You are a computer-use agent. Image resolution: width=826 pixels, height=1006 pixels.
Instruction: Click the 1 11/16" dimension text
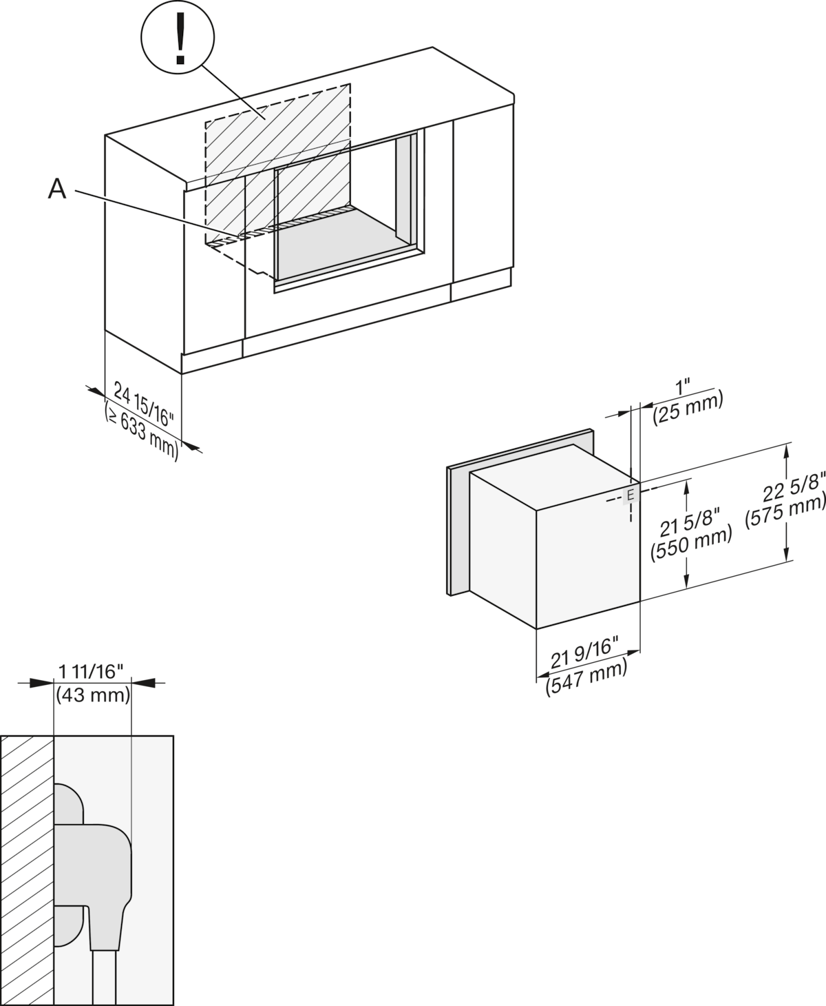coord(91,670)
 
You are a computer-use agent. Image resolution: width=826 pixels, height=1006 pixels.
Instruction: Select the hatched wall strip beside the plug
coord(27,868)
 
